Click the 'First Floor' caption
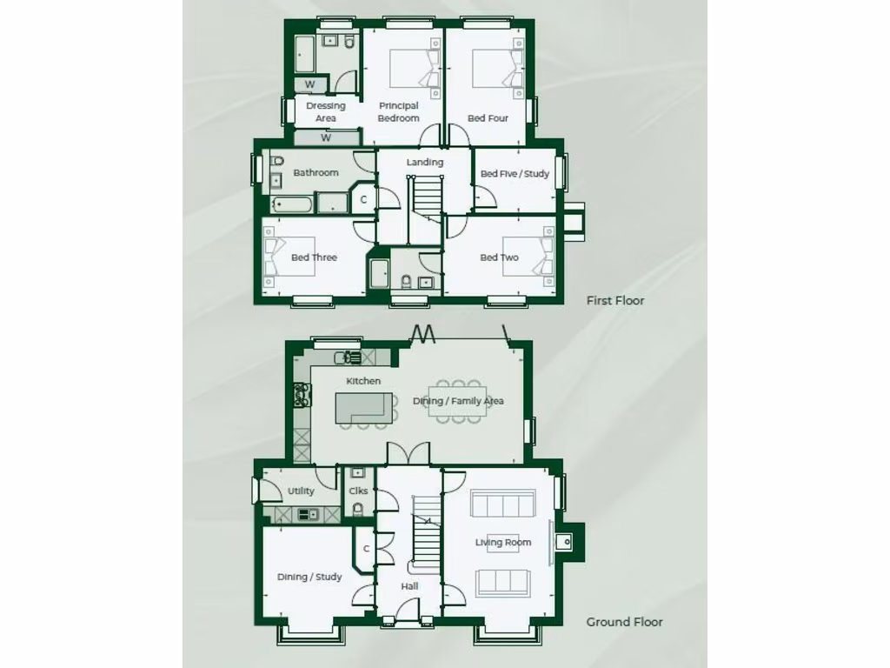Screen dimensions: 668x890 click(x=615, y=301)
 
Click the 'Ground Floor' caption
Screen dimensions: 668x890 click(x=624, y=622)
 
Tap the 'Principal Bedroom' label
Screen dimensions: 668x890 click(x=399, y=112)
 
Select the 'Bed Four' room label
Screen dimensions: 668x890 click(x=488, y=118)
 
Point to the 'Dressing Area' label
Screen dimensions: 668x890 click(x=326, y=112)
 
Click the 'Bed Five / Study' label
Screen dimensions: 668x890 click(x=515, y=174)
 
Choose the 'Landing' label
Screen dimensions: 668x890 click(x=425, y=163)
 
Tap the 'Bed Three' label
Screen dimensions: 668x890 click(x=314, y=257)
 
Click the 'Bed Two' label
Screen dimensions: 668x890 click(x=500, y=257)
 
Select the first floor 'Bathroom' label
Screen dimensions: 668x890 click(x=315, y=173)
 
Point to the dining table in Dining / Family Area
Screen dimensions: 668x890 click(x=457, y=401)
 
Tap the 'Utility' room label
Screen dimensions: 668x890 click(x=301, y=491)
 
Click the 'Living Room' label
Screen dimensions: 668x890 click(x=503, y=543)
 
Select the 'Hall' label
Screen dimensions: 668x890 click(x=409, y=586)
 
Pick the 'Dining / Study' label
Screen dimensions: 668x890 click(x=309, y=577)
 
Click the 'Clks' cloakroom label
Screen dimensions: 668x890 click(x=358, y=491)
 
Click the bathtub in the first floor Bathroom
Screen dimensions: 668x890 click(x=294, y=205)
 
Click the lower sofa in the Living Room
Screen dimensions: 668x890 click(x=501, y=582)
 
